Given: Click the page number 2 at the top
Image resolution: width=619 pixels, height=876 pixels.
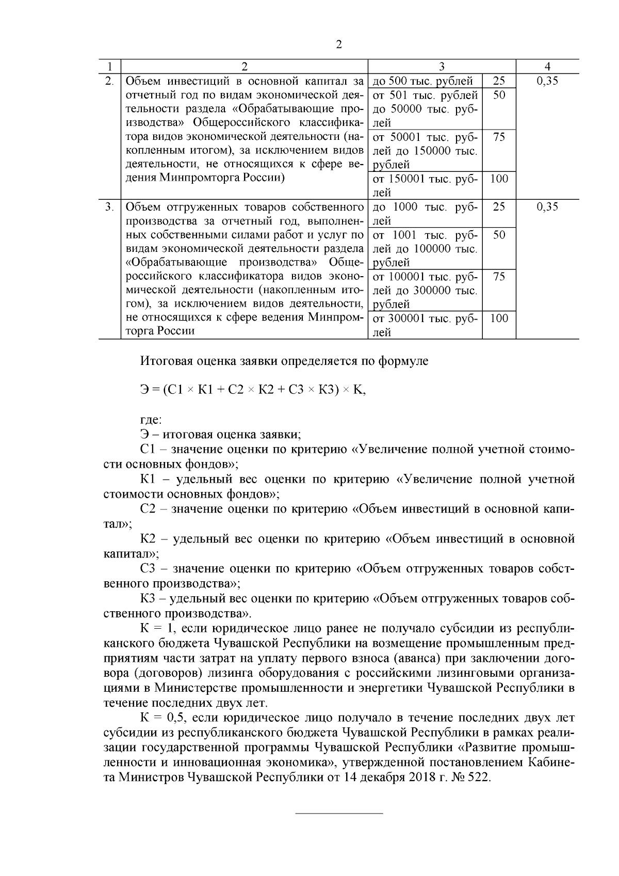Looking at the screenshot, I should (x=338, y=44).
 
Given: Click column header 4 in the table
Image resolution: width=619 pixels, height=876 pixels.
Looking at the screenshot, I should (x=547, y=67).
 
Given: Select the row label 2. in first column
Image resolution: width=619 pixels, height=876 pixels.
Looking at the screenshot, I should (x=109, y=81).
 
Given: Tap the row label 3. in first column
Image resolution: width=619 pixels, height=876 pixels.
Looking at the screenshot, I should (x=109, y=207).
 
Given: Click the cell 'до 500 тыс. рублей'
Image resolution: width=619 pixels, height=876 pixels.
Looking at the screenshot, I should (x=422, y=81).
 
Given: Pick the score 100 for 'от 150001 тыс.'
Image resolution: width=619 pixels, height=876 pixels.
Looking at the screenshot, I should (x=499, y=179).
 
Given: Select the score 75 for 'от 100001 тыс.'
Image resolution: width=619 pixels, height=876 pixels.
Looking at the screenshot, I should (x=499, y=276).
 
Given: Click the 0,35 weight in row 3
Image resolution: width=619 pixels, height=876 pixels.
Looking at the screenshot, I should (x=547, y=207).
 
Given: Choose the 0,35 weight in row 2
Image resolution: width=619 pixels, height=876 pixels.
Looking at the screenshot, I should (x=547, y=81).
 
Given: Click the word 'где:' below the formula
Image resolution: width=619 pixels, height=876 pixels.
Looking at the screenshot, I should (x=151, y=420).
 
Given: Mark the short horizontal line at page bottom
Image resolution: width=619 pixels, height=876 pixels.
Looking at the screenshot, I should (x=339, y=814).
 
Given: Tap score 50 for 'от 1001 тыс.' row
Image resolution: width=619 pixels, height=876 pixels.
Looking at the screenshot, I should (x=499, y=235).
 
